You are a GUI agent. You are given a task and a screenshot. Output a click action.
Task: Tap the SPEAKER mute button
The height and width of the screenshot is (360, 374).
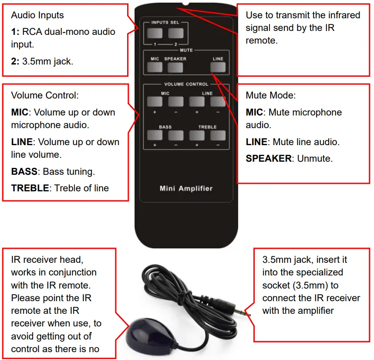pyautogui.click(x=175, y=68)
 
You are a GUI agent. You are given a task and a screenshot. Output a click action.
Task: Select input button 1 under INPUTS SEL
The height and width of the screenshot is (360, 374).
pyautogui.click(x=154, y=33)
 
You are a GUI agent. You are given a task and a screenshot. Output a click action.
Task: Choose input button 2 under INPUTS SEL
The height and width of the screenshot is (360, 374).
pyautogui.click(x=175, y=33)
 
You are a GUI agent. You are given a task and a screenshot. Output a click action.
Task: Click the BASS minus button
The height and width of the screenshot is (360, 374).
pyautogui.click(x=175, y=135)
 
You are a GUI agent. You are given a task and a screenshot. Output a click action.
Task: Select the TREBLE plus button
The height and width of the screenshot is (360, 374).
pyautogui.click(x=197, y=135)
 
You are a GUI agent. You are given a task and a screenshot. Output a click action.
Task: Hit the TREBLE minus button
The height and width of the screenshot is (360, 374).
pyautogui.click(x=218, y=135)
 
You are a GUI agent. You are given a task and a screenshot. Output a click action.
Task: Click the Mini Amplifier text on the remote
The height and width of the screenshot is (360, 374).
pyautogui.click(x=186, y=189)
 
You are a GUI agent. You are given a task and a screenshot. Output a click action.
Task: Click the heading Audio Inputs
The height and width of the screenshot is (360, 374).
pyautogui.click(x=37, y=15)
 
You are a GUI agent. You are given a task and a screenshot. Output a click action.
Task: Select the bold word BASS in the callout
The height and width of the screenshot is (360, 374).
pyautogui.click(x=25, y=172)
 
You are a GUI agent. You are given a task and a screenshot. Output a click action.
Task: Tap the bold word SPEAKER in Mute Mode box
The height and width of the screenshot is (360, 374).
pyautogui.click(x=269, y=159)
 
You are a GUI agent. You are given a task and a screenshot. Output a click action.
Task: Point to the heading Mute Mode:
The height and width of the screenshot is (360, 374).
pyautogui.click(x=270, y=95)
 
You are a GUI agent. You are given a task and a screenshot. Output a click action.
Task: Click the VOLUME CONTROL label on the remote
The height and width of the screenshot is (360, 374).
pyautogui.click(x=186, y=84)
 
